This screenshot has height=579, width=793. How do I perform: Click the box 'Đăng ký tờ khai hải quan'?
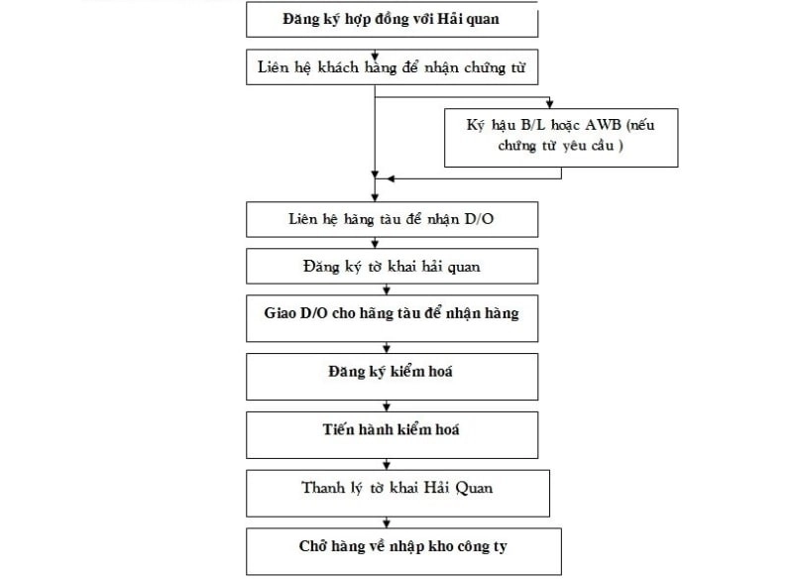(392, 266)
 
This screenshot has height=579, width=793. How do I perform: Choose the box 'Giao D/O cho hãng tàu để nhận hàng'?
(392, 314)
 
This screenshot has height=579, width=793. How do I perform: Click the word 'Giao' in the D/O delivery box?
(282, 313)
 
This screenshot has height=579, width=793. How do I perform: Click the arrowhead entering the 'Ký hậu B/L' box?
(549, 103)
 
